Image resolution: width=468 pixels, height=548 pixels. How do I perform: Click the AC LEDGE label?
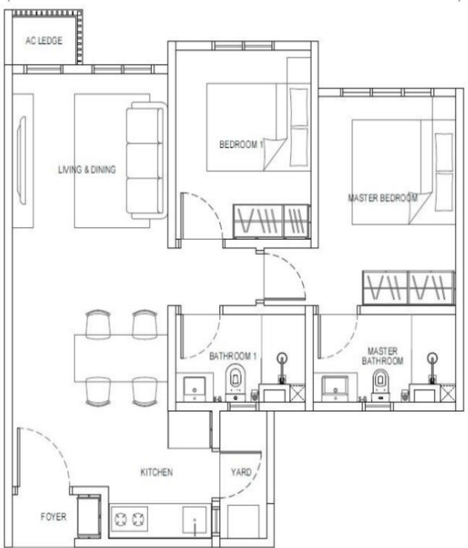(44, 41)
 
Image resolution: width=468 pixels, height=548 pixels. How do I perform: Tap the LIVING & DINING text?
(87, 170)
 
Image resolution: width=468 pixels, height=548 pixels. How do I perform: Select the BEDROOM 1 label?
(241, 144)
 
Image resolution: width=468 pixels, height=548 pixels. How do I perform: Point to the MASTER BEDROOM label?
(383, 198)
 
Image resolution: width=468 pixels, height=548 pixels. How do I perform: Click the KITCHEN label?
(156, 472)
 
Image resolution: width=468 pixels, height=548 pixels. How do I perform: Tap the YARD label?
(241, 472)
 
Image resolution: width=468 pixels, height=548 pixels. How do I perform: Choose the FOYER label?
(53, 517)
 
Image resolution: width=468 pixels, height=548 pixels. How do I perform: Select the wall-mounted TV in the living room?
(21, 160)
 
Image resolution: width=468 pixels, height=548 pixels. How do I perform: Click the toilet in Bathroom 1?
(235, 382)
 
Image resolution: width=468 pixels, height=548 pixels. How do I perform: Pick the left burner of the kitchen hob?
(121, 519)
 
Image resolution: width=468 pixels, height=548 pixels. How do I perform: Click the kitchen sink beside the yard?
(195, 521)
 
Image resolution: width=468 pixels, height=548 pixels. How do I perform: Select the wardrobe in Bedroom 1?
(272, 221)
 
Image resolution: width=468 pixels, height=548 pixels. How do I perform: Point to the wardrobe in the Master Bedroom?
(409, 287)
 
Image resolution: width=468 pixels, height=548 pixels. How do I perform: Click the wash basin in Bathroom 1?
(195, 387)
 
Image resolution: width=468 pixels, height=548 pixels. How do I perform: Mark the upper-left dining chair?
(98, 324)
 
